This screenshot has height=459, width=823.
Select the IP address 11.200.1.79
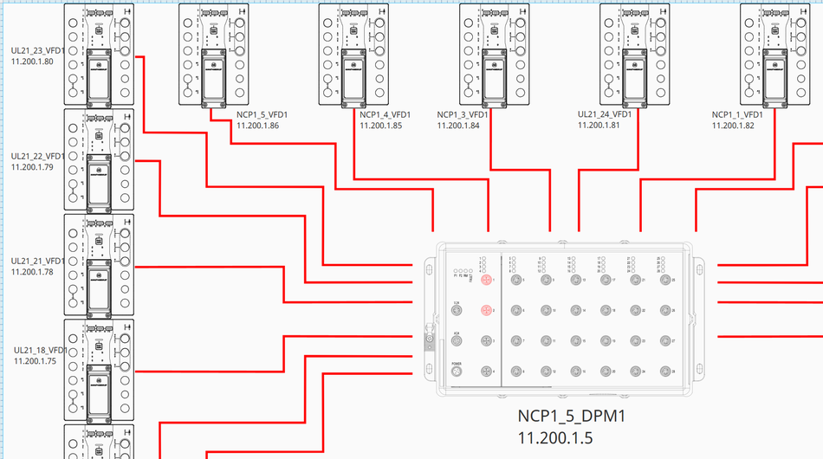[x=32, y=167]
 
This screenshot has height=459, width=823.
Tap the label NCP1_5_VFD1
[x=262, y=115]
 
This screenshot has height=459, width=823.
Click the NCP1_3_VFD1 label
[x=463, y=115]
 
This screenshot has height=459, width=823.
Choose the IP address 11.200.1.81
[x=599, y=125]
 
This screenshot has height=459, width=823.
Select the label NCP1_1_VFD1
[x=737, y=115]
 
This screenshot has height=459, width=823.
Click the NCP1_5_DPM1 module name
[x=571, y=417]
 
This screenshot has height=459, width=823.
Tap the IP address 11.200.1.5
[x=555, y=438]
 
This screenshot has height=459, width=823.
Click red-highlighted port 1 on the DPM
[x=486, y=280]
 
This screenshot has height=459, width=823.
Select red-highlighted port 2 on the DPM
[x=486, y=310]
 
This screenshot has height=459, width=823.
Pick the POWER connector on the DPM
[x=457, y=372]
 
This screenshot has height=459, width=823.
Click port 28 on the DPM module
[x=666, y=372]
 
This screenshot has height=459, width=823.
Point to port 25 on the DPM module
[x=666, y=280]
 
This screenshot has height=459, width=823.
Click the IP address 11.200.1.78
[x=32, y=271]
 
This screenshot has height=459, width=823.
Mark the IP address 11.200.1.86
[x=257, y=126]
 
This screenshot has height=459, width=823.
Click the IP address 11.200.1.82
[x=733, y=126]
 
